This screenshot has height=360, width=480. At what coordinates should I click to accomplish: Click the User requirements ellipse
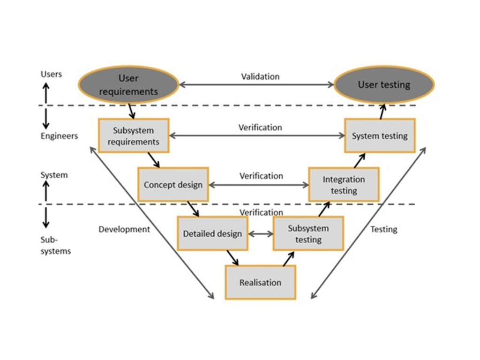(x=128, y=85)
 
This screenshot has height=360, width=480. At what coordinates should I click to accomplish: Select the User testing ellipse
(x=384, y=85)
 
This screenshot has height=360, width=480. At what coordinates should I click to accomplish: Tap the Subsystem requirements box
(x=133, y=135)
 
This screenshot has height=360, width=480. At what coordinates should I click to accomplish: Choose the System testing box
(x=380, y=136)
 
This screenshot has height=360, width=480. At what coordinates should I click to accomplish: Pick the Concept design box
(x=173, y=185)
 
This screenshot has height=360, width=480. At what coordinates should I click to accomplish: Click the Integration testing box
(x=344, y=185)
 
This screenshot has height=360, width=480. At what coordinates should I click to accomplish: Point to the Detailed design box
(x=212, y=233)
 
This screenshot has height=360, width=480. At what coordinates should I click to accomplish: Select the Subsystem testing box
(x=308, y=233)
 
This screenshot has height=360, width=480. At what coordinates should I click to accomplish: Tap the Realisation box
(x=260, y=282)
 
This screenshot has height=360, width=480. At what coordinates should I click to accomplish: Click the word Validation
(x=260, y=76)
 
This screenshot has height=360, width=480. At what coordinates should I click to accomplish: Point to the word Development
(x=124, y=229)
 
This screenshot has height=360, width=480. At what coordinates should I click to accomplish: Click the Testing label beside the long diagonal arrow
(x=383, y=229)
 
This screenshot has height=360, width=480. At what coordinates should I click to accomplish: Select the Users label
(x=51, y=74)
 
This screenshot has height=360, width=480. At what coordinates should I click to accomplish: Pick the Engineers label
(x=59, y=136)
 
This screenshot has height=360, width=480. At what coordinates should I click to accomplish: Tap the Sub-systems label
(x=55, y=246)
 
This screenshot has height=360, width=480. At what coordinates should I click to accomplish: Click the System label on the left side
(x=54, y=175)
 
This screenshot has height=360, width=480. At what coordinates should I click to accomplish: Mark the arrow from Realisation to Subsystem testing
(x=289, y=259)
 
